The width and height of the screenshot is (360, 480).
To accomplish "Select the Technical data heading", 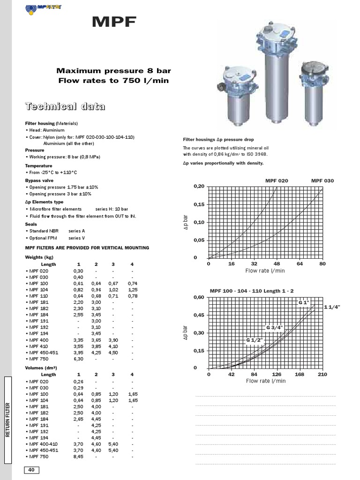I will coord(65,106).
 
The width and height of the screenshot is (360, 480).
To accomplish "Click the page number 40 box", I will coord(31,470).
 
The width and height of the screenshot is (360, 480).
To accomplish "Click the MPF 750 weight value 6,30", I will coord(78,359).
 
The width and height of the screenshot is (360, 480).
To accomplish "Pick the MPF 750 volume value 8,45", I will coord(78,456).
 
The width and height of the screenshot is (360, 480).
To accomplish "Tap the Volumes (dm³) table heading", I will coord(41,368).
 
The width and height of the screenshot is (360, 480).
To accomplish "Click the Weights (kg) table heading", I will coord(39,257).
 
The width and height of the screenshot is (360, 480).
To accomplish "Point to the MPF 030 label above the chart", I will coord(322,180).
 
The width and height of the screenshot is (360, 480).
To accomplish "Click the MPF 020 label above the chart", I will coord(277,180).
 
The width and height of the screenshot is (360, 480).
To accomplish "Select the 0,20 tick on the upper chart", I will coord(199,186).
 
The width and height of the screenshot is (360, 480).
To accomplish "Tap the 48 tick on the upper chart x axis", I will coord(277,264).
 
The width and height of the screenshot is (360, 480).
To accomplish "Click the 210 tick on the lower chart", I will coord(322,375).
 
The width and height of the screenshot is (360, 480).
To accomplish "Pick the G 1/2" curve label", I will coord(254,339).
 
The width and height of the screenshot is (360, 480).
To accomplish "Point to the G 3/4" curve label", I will coord(287,327).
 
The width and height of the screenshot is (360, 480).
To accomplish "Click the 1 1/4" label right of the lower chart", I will coord(331,307).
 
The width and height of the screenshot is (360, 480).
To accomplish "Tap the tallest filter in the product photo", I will coord(276,75).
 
